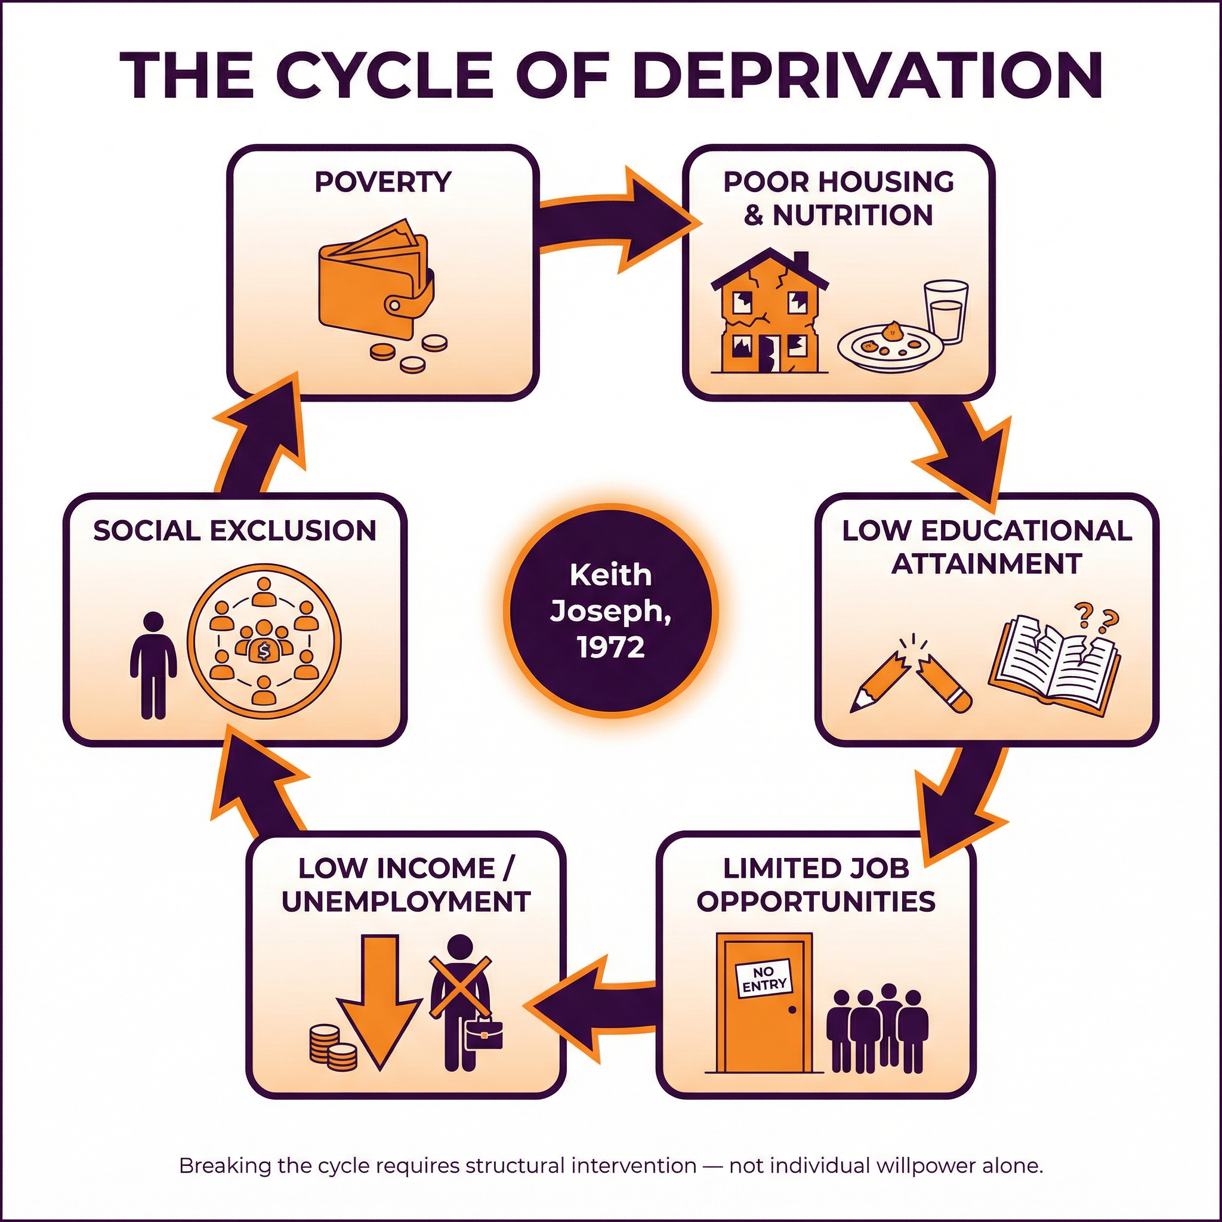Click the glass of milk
pos(945,313)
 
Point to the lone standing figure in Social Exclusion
pos(153,664)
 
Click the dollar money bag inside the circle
pos(263,651)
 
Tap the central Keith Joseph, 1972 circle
pos(611,611)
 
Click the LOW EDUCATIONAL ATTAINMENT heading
pos(987,547)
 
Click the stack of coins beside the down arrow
pos(332,1047)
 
